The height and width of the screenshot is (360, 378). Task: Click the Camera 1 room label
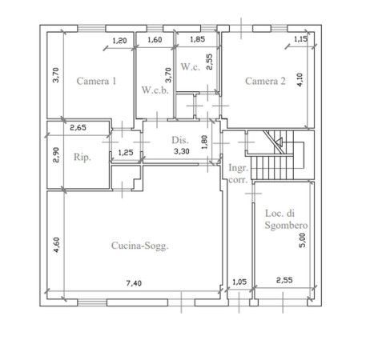point(96,81)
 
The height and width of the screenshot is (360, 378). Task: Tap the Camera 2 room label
point(265,81)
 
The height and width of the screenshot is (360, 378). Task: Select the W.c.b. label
point(155,90)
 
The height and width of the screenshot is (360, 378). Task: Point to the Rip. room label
point(82,157)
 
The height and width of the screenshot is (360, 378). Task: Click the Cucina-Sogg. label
point(140,246)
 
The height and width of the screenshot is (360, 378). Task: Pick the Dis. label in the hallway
point(180,140)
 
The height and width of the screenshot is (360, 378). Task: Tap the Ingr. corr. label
point(239,174)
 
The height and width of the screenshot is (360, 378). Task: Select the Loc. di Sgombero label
point(286,219)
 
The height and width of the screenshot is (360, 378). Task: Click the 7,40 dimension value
point(134,283)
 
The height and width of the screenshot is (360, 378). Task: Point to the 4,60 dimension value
point(56,245)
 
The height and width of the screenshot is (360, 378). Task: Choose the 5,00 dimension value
point(302,241)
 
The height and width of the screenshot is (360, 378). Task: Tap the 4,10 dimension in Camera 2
point(300,79)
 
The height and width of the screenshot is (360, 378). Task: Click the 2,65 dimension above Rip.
point(78,128)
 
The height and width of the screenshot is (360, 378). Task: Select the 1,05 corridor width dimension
point(239,282)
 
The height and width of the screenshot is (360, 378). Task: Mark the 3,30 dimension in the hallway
point(182,151)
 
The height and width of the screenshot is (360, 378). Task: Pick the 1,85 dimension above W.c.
point(197,39)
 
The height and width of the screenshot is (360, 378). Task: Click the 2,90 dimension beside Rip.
point(56,155)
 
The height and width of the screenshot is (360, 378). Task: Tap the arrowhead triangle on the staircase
point(279,142)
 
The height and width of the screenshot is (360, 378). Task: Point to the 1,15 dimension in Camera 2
point(301,39)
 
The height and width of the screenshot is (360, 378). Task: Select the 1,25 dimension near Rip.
point(126,153)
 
